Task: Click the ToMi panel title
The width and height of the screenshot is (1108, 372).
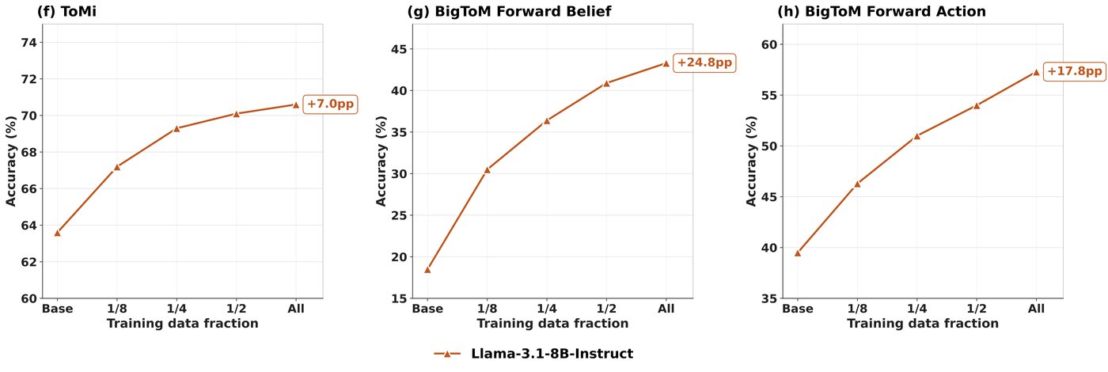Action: pyautogui.click(x=66, y=11)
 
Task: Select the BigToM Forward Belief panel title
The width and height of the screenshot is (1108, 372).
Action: pyautogui.click(x=509, y=11)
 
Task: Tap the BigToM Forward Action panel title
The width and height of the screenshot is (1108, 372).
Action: pyautogui.click(x=882, y=11)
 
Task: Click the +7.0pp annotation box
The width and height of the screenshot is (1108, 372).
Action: pyautogui.click(x=330, y=104)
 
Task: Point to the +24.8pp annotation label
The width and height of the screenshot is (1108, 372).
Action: pyautogui.click(x=704, y=63)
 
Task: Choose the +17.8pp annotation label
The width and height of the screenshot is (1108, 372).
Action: pyautogui.click(x=1075, y=71)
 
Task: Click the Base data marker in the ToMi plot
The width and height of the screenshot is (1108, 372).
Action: pyautogui.click(x=57, y=233)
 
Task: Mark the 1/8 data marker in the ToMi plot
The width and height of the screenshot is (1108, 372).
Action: pyautogui.click(x=117, y=167)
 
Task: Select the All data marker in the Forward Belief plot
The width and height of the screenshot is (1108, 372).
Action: pyautogui.click(x=666, y=63)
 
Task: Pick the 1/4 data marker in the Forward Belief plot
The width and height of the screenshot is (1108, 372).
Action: pyautogui.click(x=547, y=120)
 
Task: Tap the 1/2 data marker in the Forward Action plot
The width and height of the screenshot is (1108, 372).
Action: pyautogui.click(x=977, y=105)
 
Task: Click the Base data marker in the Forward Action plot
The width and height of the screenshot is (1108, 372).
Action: pyautogui.click(x=798, y=252)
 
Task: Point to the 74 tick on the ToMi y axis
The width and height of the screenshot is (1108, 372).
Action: pyautogui.click(x=29, y=43)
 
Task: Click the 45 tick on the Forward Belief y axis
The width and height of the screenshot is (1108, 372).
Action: pyautogui.click(x=399, y=49)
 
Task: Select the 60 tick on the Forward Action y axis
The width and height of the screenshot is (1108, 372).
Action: pyautogui.click(x=769, y=44)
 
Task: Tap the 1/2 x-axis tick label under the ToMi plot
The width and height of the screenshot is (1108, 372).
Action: pyautogui.click(x=236, y=309)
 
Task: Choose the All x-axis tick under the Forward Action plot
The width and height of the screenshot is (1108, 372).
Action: pyautogui.click(x=1036, y=309)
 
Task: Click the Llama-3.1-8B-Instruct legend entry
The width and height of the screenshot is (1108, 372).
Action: pyautogui.click(x=533, y=354)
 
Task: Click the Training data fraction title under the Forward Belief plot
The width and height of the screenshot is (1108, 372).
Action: pyautogui.click(x=552, y=324)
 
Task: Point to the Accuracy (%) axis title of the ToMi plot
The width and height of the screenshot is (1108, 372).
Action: pyautogui.click(x=11, y=161)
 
